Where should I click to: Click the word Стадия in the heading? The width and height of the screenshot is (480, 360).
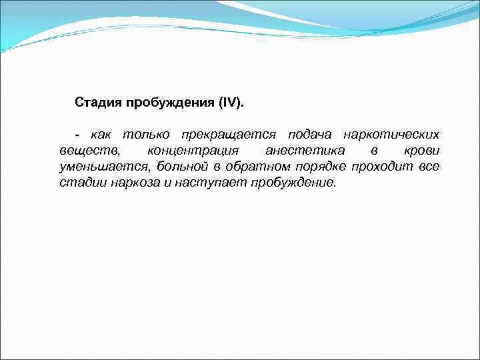(x=95, y=103)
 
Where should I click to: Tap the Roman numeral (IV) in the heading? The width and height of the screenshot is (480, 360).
(x=231, y=103)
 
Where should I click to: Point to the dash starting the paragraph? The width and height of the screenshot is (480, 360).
(x=77, y=135)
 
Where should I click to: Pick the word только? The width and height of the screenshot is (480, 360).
(x=144, y=135)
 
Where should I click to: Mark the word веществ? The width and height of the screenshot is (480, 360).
(x=89, y=151)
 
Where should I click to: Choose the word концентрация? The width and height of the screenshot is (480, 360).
(x=192, y=151)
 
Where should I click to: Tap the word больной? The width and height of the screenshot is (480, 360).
(x=183, y=167)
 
